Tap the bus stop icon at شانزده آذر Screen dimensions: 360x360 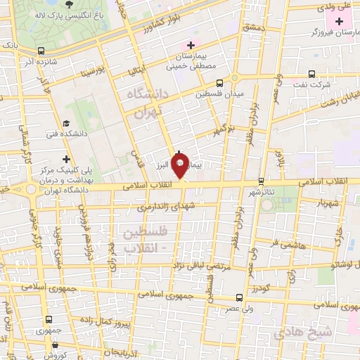42,51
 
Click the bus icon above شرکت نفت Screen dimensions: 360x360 311,74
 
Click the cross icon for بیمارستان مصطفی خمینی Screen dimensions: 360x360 191,46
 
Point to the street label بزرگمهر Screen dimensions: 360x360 219,131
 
